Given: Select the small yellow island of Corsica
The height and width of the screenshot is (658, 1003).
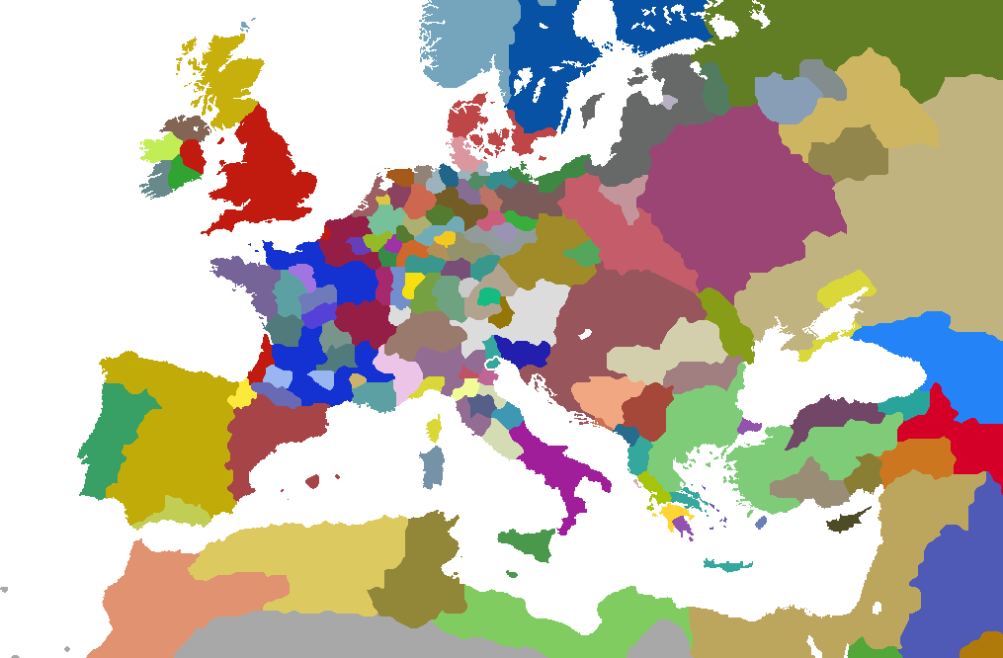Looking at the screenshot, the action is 433,429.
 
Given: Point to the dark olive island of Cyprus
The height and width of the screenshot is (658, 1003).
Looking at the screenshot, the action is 846,522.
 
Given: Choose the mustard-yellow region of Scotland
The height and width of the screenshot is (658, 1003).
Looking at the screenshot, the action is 222,79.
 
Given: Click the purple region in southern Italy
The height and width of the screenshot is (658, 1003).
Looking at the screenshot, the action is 553,464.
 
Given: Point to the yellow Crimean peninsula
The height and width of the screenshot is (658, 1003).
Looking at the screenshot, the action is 845,291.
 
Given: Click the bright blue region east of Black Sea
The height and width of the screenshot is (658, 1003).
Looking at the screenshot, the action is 939,356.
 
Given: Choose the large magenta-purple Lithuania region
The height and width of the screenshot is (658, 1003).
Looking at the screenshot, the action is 731,198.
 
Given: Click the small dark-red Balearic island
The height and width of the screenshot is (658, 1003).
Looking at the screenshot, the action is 312,481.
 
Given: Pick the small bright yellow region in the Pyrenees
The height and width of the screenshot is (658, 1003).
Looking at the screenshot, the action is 241,394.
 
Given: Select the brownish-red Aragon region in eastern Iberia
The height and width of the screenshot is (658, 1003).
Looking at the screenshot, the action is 267,435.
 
